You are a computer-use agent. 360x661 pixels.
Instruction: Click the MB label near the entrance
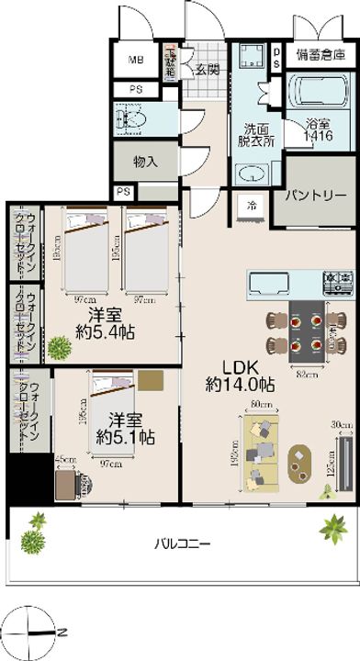pyautogui.click(x=135, y=61)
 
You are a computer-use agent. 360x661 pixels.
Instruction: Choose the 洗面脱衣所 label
pyautogui.click(x=250, y=135)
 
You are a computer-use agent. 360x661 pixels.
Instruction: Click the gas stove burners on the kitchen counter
pyautogui.click(x=332, y=280)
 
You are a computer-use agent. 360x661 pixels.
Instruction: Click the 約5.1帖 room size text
pyautogui.click(x=125, y=435)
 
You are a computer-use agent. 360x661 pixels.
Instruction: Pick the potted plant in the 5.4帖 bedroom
pyautogui.click(x=59, y=349)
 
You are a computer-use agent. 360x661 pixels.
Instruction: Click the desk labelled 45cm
pyautogui.click(x=66, y=481)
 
